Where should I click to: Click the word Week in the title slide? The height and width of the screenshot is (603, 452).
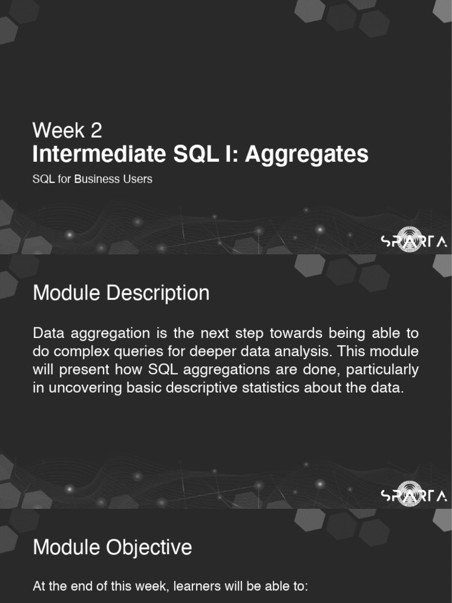[x=58, y=130]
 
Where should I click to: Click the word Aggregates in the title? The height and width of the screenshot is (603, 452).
[x=307, y=155]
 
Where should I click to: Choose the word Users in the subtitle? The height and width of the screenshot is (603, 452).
[x=137, y=179]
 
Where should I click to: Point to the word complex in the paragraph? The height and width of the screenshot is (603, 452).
[x=81, y=352]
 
